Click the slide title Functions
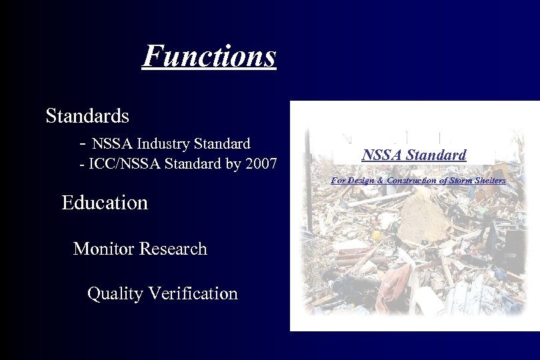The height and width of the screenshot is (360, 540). (x=209, y=56)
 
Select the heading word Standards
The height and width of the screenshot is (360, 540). (x=87, y=116)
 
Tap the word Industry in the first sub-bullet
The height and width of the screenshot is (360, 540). (x=163, y=143)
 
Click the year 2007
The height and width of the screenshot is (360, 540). (x=261, y=164)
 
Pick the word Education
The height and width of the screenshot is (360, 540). (x=105, y=203)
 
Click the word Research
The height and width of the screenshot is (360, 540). (x=174, y=249)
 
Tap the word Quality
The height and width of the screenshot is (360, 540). (x=115, y=293)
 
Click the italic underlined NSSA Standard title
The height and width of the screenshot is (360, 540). (x=414, y=155)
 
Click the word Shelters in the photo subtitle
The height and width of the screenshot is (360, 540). (x=492, y=181)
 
